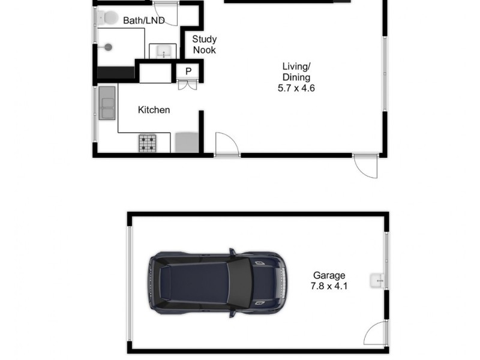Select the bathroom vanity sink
point(161,52)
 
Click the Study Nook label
point(204,45)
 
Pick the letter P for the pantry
point(188,71)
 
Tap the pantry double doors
point(187,85)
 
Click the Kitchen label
point(154,110)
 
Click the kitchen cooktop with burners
point(148,143)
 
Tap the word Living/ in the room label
point(296,66)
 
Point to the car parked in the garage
point(217,281)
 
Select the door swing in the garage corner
point(376,333)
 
